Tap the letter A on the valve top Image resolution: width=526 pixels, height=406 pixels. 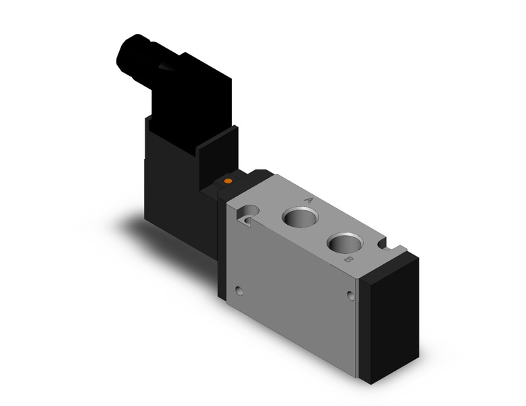pyautogui.click(x=309, y=200)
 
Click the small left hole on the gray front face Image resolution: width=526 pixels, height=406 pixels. pyautogui.click(x=239, y=290)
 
